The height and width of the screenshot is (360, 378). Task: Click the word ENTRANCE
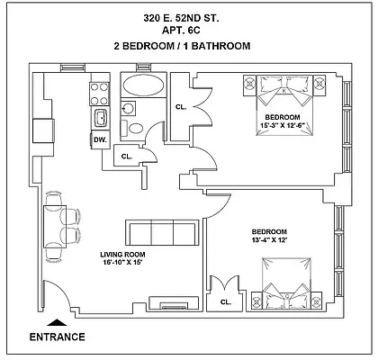pos(58,337)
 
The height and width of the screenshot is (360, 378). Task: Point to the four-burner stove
pos(97,91)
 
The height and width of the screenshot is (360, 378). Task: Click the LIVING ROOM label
pos(122,255)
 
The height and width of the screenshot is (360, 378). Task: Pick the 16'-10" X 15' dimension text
pos(122,265)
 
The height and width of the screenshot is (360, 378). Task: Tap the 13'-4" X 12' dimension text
pos(269,241)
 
